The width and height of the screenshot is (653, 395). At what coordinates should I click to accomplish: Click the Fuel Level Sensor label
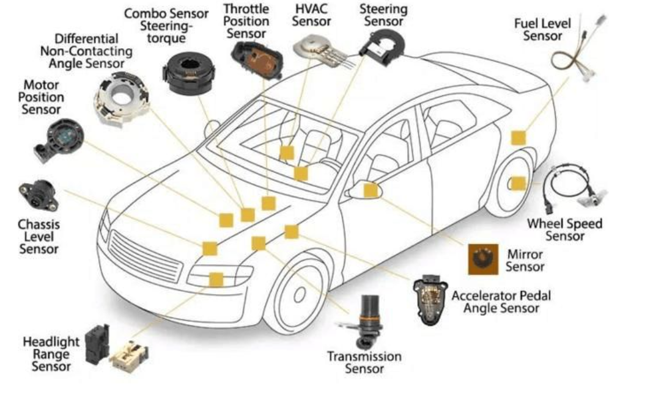tap(542, 30)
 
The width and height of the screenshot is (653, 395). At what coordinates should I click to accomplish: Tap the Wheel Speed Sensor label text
tap(564, 230)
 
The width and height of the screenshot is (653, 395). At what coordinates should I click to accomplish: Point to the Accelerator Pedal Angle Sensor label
tap(501, 302)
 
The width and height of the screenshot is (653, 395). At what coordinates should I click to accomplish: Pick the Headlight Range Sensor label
tap(51, 353)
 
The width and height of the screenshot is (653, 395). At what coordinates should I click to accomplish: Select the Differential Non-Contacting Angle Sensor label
tap(86, 51)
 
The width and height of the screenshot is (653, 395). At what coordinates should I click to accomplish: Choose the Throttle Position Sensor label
tap(246, 21)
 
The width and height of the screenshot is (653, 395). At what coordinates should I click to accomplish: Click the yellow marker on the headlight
tap(216, 280)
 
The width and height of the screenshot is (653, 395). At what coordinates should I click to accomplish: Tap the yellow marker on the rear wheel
tap(517, 183)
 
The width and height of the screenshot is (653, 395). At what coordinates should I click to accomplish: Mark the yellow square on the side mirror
tap(371, 190)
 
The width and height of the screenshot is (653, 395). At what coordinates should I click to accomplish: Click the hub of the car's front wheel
tap(300, 294)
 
